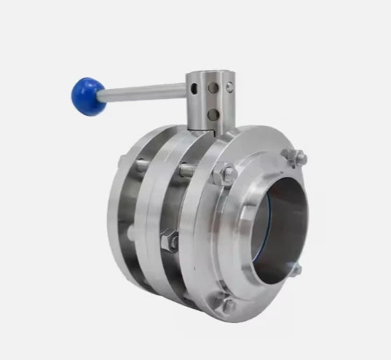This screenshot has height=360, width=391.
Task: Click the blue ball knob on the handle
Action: [87, 95]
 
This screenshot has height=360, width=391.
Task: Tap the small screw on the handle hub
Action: [229, 87]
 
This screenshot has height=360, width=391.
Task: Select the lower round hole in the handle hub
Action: [213, 114]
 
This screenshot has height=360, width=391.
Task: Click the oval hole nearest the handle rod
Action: [194, 88]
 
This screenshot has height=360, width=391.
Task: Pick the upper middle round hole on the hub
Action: [213, 87]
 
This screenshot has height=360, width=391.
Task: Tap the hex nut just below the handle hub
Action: [226, 175]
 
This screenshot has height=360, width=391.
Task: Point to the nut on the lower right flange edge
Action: [295, 269]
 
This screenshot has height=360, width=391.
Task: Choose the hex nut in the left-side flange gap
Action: [169, 240]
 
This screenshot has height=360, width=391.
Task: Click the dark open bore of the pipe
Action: [280, 219]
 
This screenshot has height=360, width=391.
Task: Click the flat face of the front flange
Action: [218, 240]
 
